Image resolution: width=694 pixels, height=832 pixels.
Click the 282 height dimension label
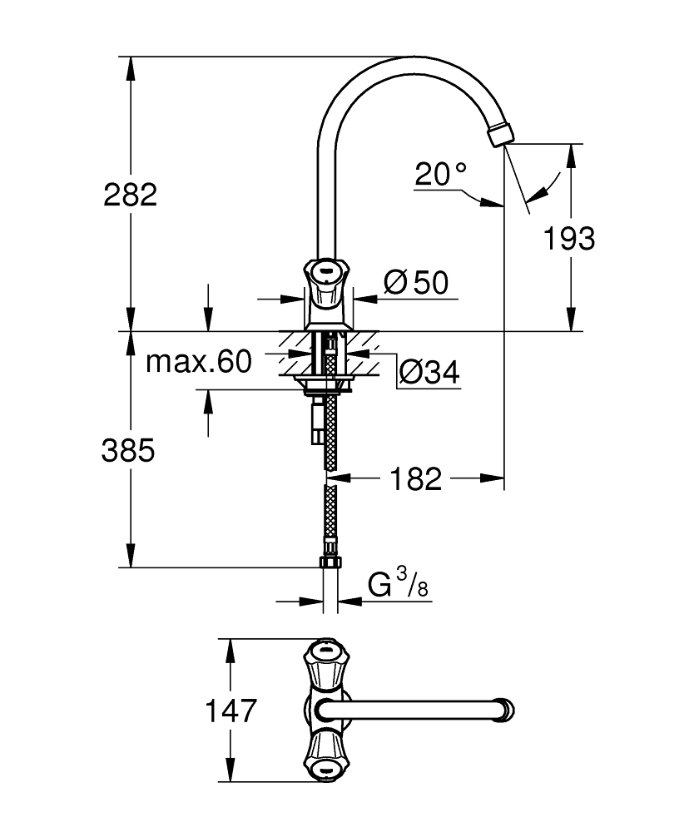point(131,196)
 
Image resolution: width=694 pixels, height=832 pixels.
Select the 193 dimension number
point(570,239)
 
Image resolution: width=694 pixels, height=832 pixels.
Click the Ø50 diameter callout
point(416,284)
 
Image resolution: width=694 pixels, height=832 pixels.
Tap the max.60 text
point(198,362)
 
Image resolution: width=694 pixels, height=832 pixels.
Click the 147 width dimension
point(231,711)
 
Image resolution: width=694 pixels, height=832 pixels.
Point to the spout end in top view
point(505,711)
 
